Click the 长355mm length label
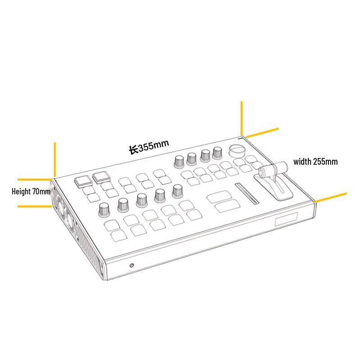(149, 147)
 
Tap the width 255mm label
(315, 162)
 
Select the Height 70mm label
(31, 191)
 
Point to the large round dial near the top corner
(237, 151)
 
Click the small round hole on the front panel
(131, 265)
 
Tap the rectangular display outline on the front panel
(287, 219)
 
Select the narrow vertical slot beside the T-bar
(247, 193)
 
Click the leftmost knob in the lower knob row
(104, 210)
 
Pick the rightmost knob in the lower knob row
(177, 191)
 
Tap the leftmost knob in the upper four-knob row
(179, 162)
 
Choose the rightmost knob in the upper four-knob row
(217, 153)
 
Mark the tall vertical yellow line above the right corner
(242, 118)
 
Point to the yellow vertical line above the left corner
(55, 159)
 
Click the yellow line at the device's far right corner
(330, 198)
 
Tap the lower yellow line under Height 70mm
(35, 207)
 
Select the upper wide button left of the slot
(219, 197)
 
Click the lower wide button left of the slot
(228, 206)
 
